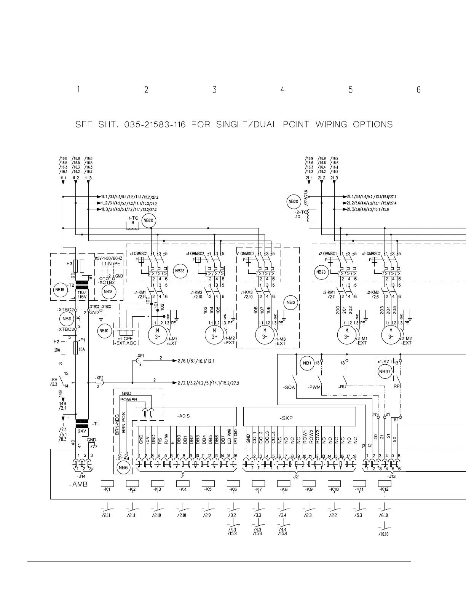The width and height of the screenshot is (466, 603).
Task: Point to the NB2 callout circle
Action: (291, 303)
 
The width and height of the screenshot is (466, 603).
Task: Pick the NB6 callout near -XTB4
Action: (123, 468)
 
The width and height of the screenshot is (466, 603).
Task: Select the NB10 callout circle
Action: (104, 331)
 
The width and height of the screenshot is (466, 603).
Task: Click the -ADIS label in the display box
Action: (184, 416)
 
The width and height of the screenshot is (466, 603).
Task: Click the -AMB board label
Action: (78, 485)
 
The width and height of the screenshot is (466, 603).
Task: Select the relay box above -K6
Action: (233, 483)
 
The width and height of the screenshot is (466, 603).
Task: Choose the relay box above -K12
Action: (385, 483)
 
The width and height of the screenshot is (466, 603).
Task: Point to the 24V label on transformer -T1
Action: (82, 431)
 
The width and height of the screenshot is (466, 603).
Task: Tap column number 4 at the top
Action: (282, 90)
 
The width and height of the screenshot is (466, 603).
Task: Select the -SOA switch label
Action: (289, 387)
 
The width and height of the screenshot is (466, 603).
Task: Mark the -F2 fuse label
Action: (55, 341)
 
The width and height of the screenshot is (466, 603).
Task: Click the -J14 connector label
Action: (81, 476)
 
